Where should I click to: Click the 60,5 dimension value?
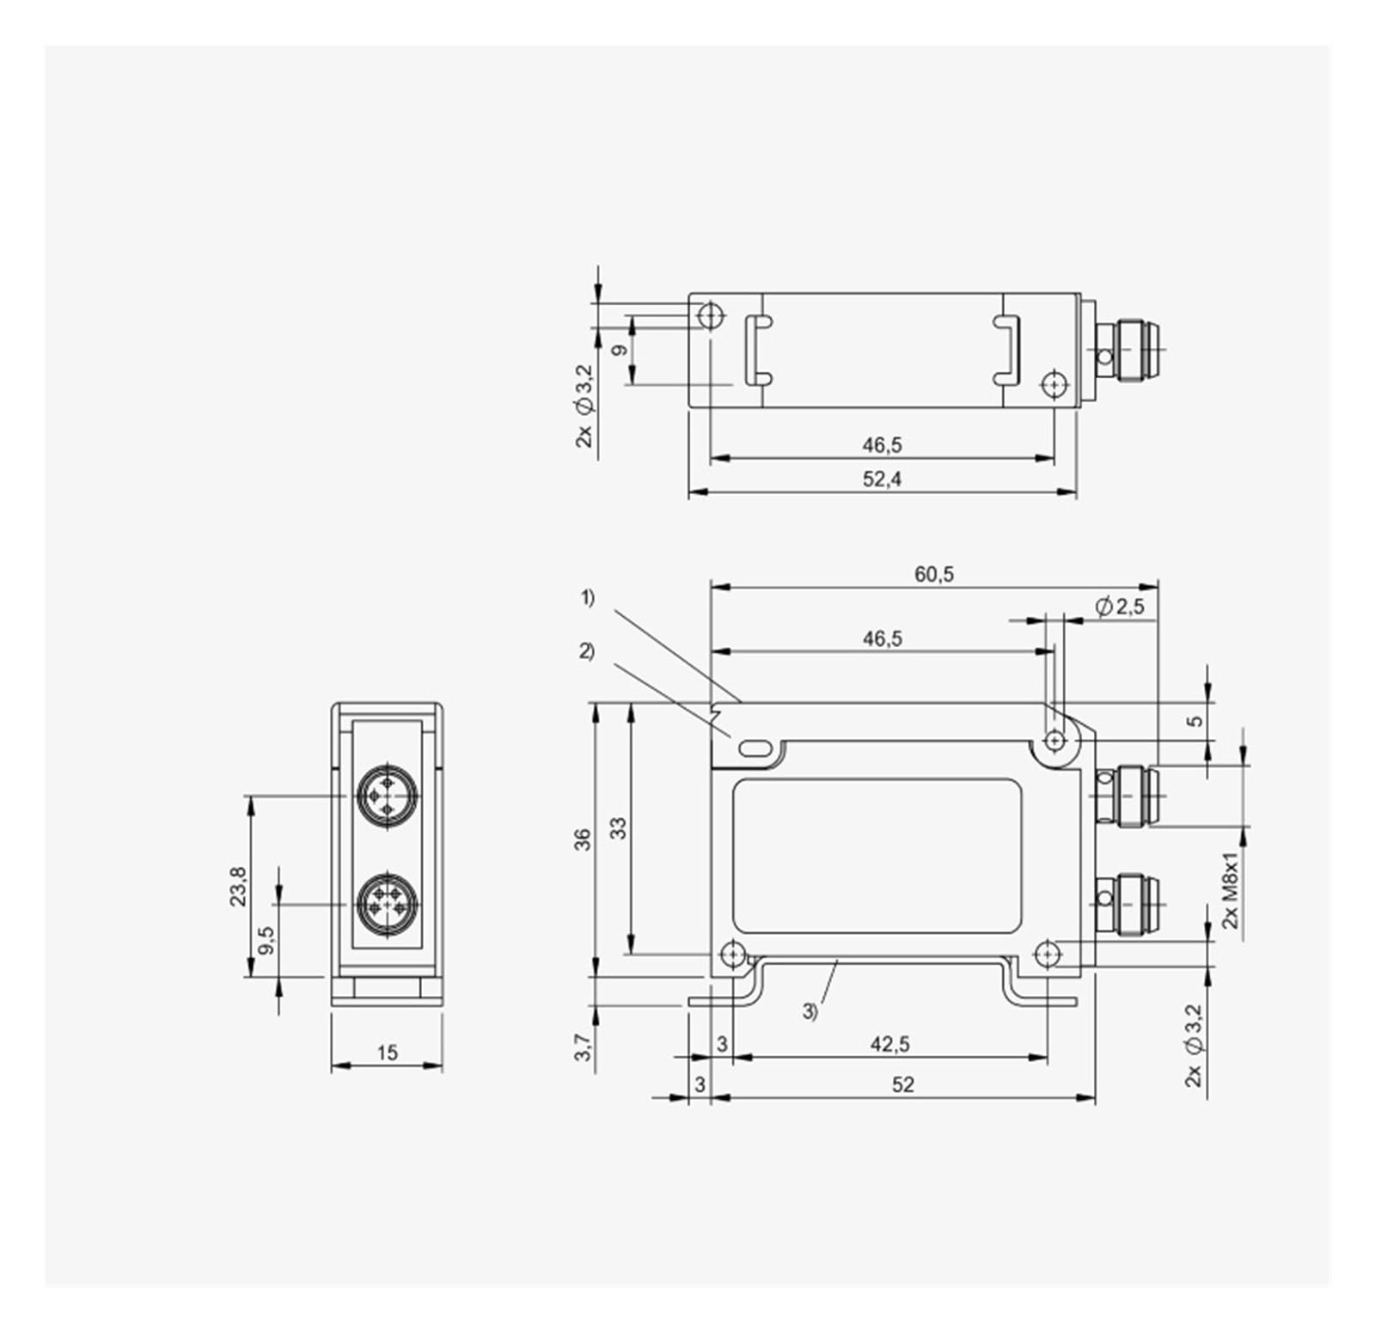[x=933, y=574]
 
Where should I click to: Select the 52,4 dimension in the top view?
[x=882, y=479]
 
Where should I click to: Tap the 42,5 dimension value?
[x=889, y=1044]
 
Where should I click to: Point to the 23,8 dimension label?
[x=238, y=885]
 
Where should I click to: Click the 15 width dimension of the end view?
[x=387, y=1052]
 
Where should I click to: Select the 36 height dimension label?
[x=583, y=839]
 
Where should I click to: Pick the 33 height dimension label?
[x=618, y=827]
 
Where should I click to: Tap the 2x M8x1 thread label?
[x=1231, y=890]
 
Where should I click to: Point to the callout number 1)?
[x=588, y=598]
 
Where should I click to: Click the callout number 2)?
[x=587, y=651]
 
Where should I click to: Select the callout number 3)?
[x=810, y=1012]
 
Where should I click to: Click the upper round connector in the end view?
[x=387, y=797]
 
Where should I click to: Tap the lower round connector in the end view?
[x=387, y=904]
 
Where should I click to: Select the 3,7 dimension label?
[x=583, y=1047]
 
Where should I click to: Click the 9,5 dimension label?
[x=266, y=940]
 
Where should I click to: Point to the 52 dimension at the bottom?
[x=902, y=1084]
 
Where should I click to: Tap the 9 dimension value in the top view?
[x=618, y=351]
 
